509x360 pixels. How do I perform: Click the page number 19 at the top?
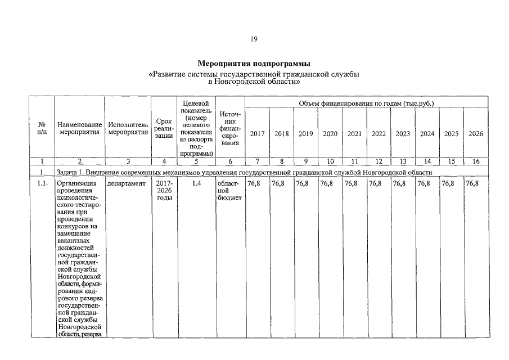tap(254, 39)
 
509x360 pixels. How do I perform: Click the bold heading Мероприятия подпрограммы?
tap(254, 63)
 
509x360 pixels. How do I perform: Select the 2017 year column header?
tap(258, 134)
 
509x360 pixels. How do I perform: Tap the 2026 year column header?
tap(476, 134)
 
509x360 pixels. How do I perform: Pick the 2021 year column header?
tap(354, 134)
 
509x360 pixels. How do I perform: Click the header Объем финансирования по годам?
tap(366, 103)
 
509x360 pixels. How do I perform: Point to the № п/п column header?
tap(42, 128)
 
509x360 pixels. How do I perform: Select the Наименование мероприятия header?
tap(79, 128)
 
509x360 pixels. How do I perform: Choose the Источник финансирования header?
tap(230, 128)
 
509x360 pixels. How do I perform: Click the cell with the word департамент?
tap(127, 184)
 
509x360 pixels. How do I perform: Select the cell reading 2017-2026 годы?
tap(164, 191)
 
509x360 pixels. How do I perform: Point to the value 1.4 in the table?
tap(196, 184)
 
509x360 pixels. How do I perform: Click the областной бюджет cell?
tap(229, 191)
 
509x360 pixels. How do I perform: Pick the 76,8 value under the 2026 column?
tap(472, 184)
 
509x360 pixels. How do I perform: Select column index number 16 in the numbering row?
tap(476, 161)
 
